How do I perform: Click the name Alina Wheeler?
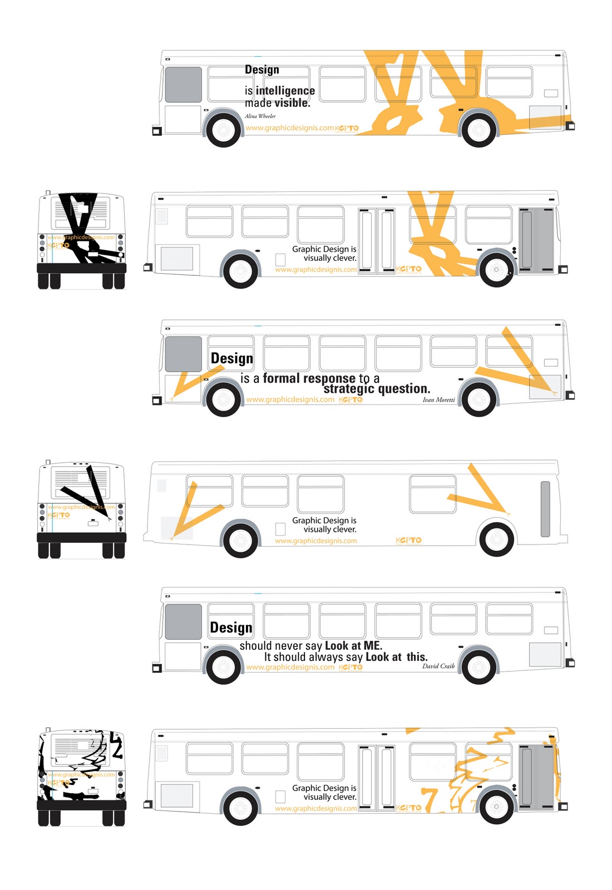pos(260,116)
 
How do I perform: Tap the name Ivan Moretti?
pos(438,400)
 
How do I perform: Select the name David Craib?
pos(438,666)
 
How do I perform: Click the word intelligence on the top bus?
pos(285,91)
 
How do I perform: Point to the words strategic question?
pos(377,389)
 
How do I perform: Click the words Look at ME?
pos(353,646)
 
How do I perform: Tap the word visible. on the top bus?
pos(292,103)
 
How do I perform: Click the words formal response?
pos(309,378)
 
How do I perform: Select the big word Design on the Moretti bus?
pos(232,358)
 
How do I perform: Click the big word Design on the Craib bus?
pos(231,627)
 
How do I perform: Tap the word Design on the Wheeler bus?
pos(262,70)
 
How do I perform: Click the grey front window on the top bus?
pos(184,85)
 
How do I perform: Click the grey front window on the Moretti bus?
pos(184,354)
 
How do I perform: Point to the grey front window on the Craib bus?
pos(184,621)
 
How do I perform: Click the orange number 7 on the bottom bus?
pos(429,799)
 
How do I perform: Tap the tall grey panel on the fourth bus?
pos(545,509)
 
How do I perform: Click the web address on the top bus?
pos(290,128)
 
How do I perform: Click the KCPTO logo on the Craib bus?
pos(351,667)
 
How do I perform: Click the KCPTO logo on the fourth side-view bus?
pos(409,540)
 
